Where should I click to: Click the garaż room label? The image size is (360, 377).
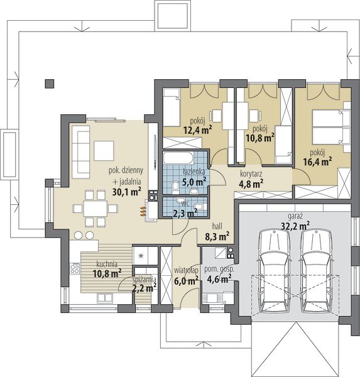(295, 217)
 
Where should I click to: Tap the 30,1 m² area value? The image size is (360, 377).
(127, 192)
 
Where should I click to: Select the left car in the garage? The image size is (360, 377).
(275, 270)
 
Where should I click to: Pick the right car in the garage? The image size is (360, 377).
(316, 270)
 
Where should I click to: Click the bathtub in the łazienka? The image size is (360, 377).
(178, 158)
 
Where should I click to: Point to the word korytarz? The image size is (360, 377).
(251, 173)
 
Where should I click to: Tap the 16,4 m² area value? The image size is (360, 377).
(317, 162)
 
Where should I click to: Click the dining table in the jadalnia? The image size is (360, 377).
(95, 208)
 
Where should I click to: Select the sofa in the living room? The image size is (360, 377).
(81, 151)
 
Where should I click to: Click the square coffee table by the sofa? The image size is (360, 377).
(104, 151)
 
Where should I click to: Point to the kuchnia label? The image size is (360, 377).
(107, 265)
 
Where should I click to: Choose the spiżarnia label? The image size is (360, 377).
(145, 280)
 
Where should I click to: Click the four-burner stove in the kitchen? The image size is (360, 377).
(75, 268)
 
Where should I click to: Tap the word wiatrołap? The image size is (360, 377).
(187, 270)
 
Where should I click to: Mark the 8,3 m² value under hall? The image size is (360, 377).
(217, 237)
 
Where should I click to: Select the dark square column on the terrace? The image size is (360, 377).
(50, 84)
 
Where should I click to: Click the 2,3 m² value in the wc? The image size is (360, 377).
(185, 213)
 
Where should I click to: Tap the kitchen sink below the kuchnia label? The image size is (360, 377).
(105, 298)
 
